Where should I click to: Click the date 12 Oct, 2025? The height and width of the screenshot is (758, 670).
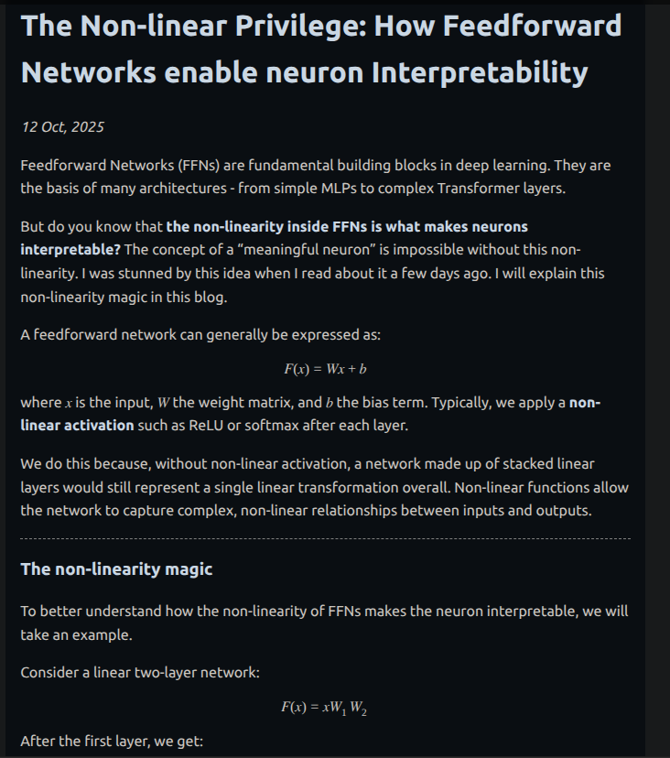[x=63, y=126]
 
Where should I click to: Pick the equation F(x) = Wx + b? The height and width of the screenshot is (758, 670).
[x=325, y=369]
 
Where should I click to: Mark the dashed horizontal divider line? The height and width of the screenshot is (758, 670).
[x=325, y=539]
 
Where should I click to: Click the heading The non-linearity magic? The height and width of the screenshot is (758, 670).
[x=116, y=569]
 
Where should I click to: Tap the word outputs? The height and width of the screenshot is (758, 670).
[x=562, y=511]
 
